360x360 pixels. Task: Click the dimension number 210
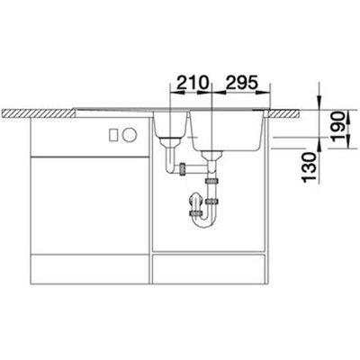point(192,83)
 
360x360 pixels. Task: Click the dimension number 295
point(241,83)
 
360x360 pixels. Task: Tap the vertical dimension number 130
point(310,167)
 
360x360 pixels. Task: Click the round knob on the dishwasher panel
point(130,135)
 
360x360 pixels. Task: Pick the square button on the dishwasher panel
point(113,135)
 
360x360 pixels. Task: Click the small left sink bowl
point(170,124)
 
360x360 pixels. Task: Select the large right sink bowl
point(227,130)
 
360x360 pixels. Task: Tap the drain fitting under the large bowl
point(211,156)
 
